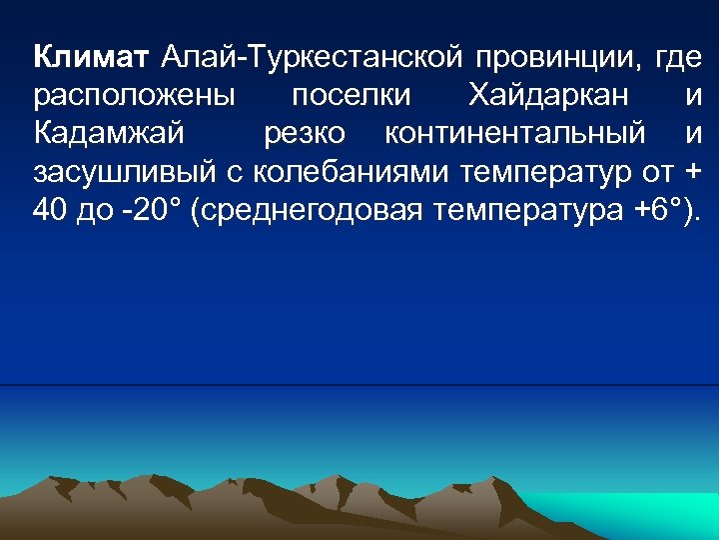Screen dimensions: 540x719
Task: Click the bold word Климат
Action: (x=91, y=58)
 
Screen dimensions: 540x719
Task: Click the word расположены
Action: (x=135, y=97)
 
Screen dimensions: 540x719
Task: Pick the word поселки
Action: (x=352, y=96)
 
